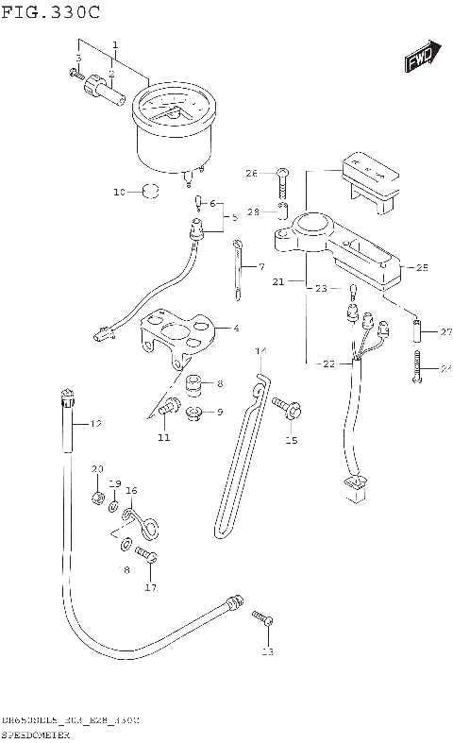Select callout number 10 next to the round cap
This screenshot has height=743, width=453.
point(120,193)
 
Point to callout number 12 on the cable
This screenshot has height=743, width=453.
point(95,424)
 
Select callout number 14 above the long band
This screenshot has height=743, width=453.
point(261,352)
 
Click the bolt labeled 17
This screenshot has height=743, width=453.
point(145,556)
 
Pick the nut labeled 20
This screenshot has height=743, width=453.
point(98,498)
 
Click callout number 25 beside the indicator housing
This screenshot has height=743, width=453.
point(422,268)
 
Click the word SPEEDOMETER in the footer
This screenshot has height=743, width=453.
point(43,734)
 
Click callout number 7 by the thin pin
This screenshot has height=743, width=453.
point(261,267)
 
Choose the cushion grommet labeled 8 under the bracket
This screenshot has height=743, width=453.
point(194,385)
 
